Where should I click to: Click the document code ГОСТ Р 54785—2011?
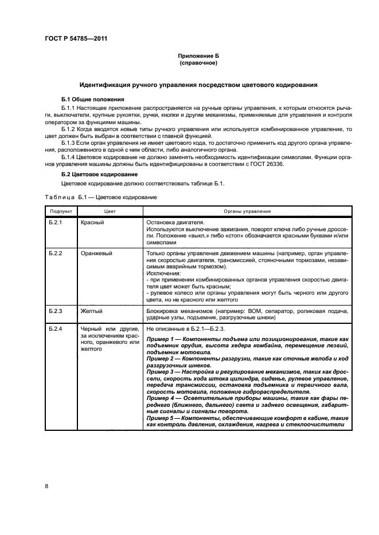click(x=76, y=39)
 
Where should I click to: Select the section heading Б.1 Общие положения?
click(x=89, y=99)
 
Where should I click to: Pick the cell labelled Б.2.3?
click(x=54, y=311)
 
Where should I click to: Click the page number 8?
click(x=46, y=486)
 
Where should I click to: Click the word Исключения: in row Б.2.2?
click(x=163, y=274)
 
